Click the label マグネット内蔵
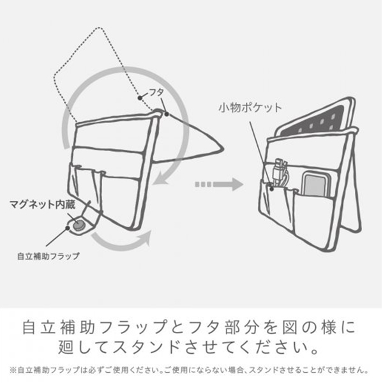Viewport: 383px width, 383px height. pos(42,204)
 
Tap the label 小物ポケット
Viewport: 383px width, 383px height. pos(250,108)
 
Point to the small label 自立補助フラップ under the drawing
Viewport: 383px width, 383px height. pos(49,256)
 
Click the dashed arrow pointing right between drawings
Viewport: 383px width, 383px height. pos(219,184)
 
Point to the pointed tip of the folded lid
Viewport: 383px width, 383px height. pos(222,148)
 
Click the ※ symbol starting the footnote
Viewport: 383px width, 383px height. pos(13,370)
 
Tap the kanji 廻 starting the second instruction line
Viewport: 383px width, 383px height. pos(66,347)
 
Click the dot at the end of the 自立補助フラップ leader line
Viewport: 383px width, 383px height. pos(68,228)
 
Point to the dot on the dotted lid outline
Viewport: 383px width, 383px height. pos(140,98)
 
